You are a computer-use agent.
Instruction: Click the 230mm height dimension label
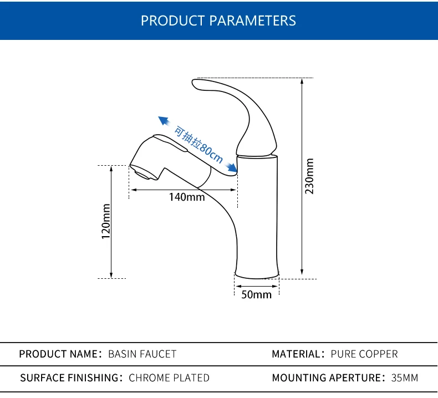(309, 176)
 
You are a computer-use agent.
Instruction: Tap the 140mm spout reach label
(187, 197)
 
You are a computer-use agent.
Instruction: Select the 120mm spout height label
(106, 222)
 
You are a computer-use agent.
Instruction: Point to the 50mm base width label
(257, 294)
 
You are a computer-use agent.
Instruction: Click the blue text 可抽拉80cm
(198, 144)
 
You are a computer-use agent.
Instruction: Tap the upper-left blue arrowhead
(164, 121)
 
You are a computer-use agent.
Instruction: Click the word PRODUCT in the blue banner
(172, 21)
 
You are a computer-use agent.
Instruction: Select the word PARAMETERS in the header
(252, 21)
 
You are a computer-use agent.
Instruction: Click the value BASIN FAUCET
(142, 354)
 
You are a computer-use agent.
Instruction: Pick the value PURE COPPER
(364, 354)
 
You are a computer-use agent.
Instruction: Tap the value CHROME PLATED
(169, 377)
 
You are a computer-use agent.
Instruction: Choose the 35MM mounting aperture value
(405, 377)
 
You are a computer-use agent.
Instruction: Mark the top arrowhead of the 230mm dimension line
(302, 81)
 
